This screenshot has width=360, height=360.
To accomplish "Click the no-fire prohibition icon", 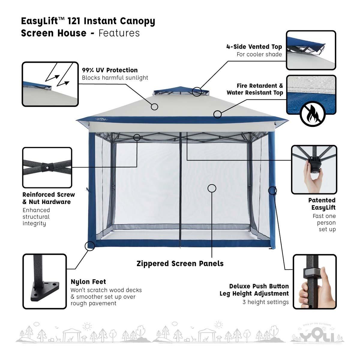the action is [313, 114].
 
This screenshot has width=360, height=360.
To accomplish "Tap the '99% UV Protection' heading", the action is [110, 70].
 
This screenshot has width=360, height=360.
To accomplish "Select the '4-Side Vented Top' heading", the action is [254, 46].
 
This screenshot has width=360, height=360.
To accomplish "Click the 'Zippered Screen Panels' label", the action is [180, 264].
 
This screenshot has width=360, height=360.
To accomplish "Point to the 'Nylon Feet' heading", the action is [88, 282].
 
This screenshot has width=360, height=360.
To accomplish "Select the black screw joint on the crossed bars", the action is [47, 167].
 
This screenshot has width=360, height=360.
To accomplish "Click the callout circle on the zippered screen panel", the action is [212, 188].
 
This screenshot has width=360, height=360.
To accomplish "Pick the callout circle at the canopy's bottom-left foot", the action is [90, 246].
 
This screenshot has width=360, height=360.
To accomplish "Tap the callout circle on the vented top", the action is [197, 91].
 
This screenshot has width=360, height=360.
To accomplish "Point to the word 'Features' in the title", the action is [119, 33].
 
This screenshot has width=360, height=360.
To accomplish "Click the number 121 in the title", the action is [74, 21].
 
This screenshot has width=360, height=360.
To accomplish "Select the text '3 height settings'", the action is [265, 302].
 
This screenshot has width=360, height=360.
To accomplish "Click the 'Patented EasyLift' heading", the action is [322, 204].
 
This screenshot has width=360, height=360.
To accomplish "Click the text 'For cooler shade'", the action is [259, 54].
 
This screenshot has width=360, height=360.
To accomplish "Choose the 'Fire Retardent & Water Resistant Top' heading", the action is [255, 89].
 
